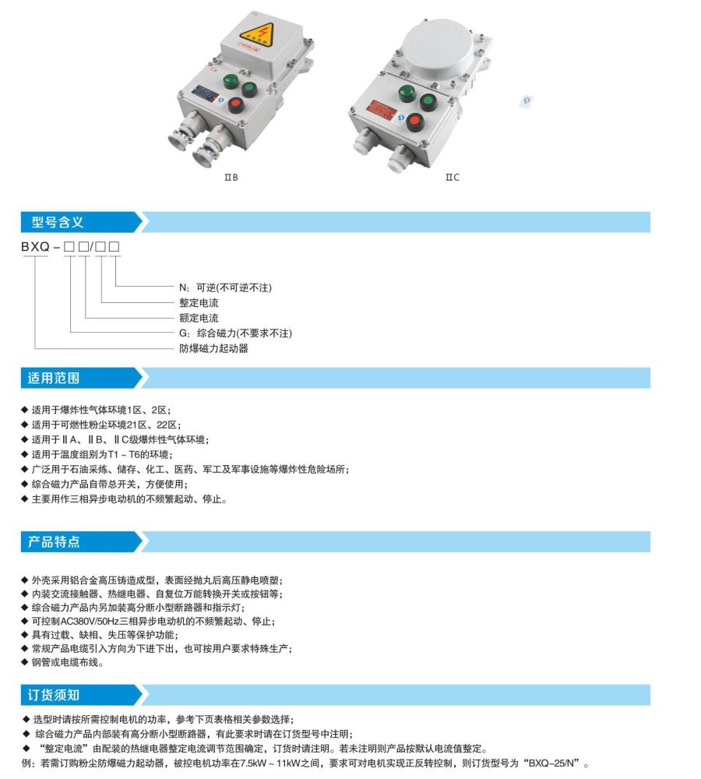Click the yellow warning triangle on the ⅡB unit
(258, 36)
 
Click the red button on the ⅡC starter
(416, 122)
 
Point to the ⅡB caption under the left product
(231, 178)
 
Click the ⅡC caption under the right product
(453, 178)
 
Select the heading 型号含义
(58, 222)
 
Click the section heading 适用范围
(55, 379)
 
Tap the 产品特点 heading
(55, 541)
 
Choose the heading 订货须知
(55, 694)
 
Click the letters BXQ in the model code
(35, 248)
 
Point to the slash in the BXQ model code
(94, 248)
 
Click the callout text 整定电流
(199, 302)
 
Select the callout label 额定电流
(199, 318)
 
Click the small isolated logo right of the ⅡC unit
(527, 100)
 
